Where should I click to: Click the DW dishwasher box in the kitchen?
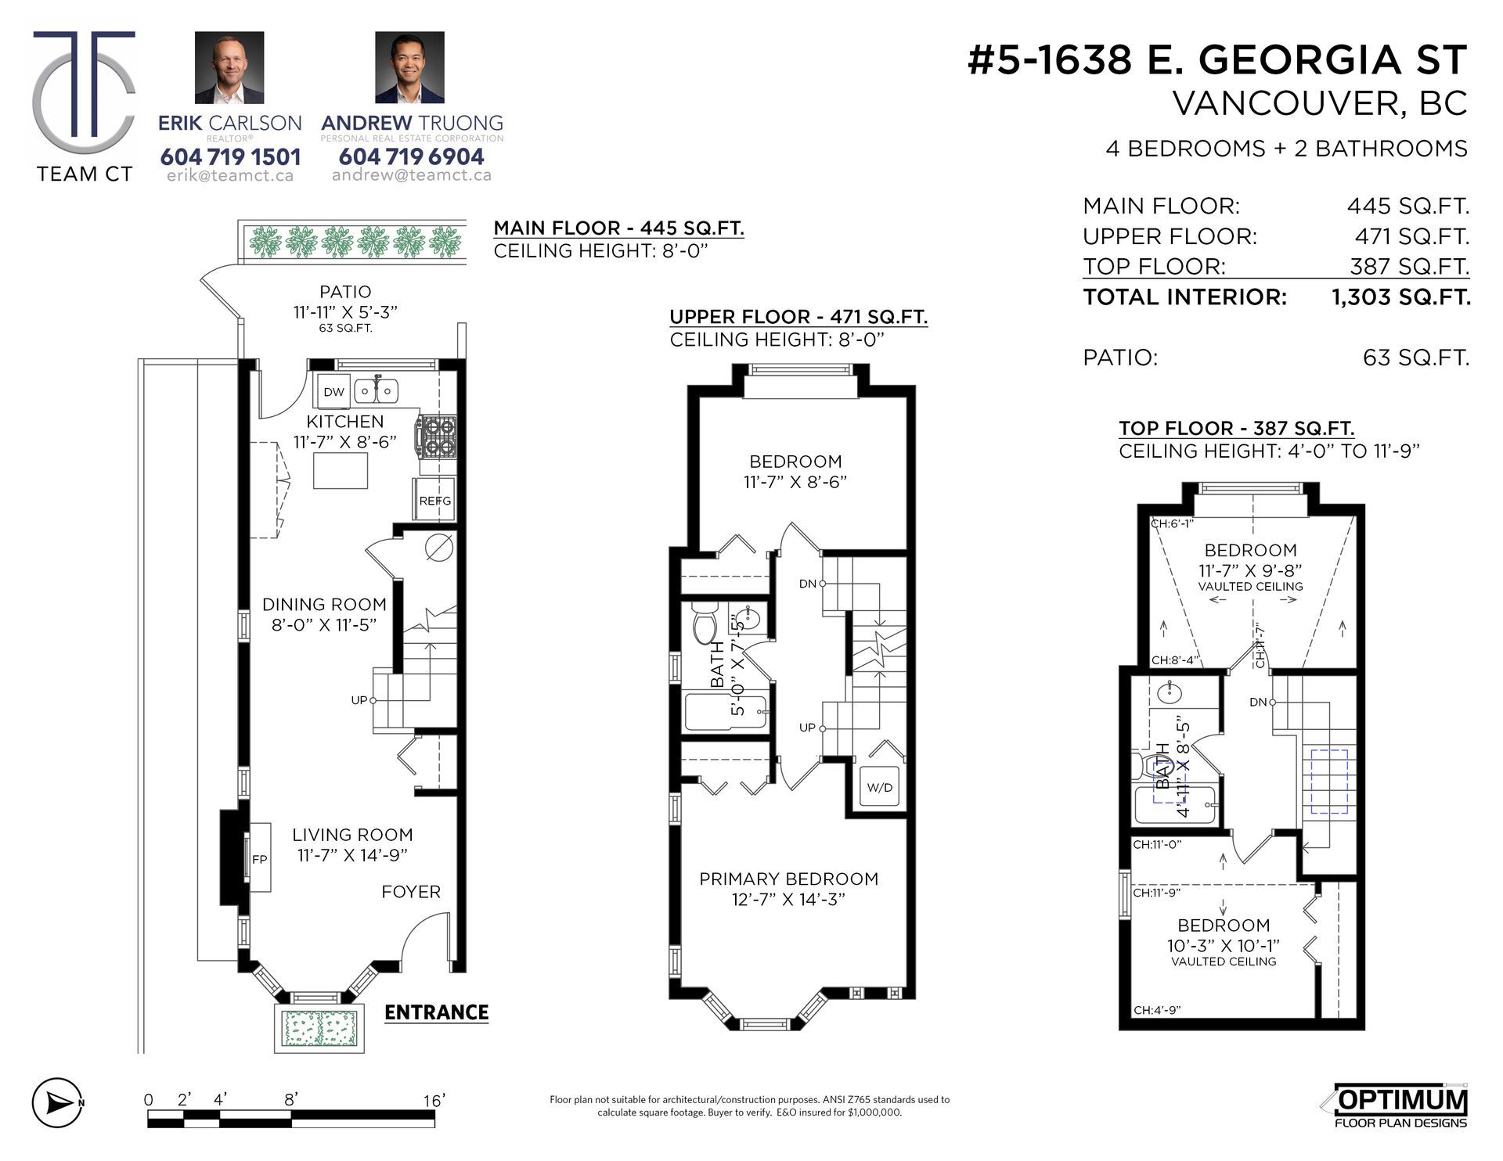pyautogui.click(x=333, y=391)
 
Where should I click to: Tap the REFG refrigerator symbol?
pyautogui.click(x=434, y=500)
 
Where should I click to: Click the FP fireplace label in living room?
pyautogui.click(x=260, y=858)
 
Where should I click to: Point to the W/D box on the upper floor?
pyautogui.click(x=880, y=787)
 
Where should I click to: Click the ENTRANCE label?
pyautogui.click(x=436, y=1012)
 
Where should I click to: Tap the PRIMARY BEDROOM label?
pyautogui.click(x=789, y=879)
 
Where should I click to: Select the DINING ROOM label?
pyautogui.click(x=324, y=604)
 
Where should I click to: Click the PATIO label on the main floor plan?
pyautogui.click(x=345, y=291)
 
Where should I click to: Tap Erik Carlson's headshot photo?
pyautogui.click(x=229, y=67)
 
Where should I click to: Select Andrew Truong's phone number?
pyautogui.click(x=412, y=156)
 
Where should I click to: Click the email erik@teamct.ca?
pyautogui.click(x=230, y=176)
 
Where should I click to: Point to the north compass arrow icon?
pyautogui.click(x=58, y=1103)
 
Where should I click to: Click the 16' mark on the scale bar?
pyautogui.click(x=434, y=1100)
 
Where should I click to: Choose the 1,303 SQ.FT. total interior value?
pyautogui.click(x=1401, y=297)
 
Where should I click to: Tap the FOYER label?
pyautogui.click(x=411, y=892)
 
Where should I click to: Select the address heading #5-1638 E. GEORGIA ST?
pyautogui.click(x=1217, y=60)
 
